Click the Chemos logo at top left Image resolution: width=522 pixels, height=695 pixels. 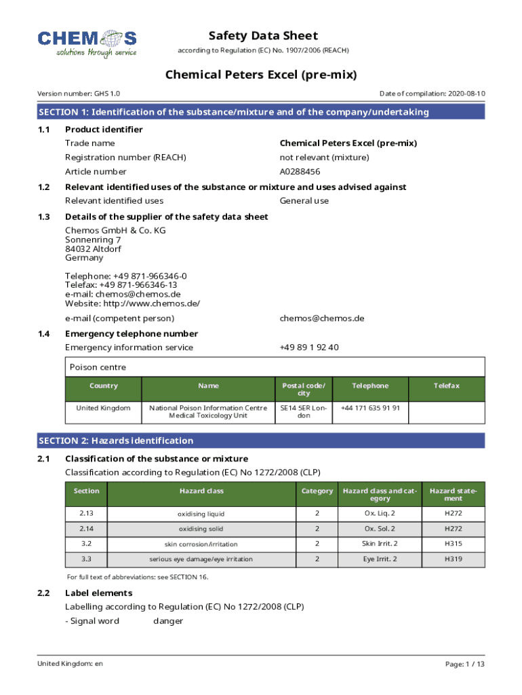(x=87, y=43)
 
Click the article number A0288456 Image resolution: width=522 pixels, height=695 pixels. (x=300, y=172)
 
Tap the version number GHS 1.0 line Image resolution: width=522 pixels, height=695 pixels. (x=79, y=93)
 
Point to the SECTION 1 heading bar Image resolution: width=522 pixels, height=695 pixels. (x=261, y=112)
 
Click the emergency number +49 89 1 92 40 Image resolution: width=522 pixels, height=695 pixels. (x=308, y=347)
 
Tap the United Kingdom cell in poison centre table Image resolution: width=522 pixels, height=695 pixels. (x=103, y=408)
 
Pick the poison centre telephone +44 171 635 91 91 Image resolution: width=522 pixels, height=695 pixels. (x=370, y=408)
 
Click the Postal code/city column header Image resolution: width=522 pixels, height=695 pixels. (x=304, y=390)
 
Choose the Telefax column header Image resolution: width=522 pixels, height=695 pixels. (x=447, y=386)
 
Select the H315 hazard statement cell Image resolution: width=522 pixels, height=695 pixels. (x=453, y=544)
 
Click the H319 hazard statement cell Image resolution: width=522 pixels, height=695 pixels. (x=453, y=559)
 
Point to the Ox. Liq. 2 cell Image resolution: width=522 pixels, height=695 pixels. (x=379, y=513)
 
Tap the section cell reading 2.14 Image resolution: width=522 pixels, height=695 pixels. (x=86, y=528)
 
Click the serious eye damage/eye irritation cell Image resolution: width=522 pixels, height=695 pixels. (x=201, y=559)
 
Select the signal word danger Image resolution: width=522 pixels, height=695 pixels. (x=168, y=621)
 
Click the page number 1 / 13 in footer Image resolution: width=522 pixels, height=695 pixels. (x=466, y=664)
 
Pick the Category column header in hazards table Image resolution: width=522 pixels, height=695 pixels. (x=317, y=491)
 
